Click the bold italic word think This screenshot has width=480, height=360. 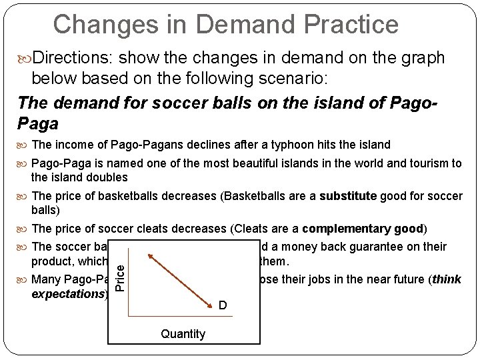[x=447, y=279]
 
